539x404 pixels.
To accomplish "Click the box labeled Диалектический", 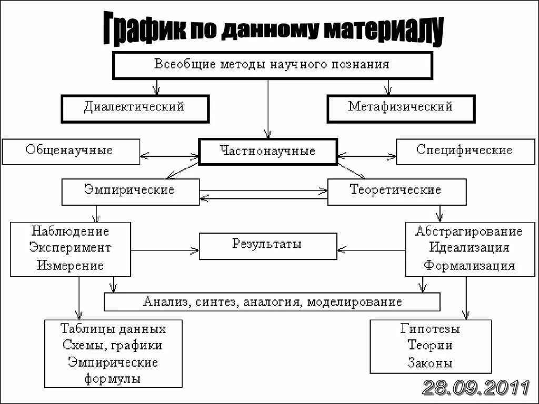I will pyautogui.click(x=135, y=108).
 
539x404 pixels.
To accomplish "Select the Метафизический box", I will pyautogui.click(x=401, y=108).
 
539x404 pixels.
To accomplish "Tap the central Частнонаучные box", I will pyautogui.click(x=267, y=151).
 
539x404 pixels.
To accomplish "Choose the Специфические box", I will pyautogui.click(x=464, y=151).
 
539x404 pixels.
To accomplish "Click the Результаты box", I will pyautogui.click(x=267, y=246).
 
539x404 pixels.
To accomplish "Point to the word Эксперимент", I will pyautogui.click(x=70, y=248).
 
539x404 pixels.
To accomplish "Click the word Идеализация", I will pyautogui.click(x=469, y=248).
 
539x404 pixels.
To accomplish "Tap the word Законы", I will pyautogui.click(x=430, y=363).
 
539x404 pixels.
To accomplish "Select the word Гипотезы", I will pyautogui.click(x=430, y=330).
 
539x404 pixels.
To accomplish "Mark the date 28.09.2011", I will pyautogui.click(x=476, y=388).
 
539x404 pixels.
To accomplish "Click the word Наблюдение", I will pyautogui.click(x=70, y=231).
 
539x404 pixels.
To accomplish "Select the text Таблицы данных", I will pyautogui.click(x=113, y=330).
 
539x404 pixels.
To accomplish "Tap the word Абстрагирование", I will pyautogui.click(x=469, y=231).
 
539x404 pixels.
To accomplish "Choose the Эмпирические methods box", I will pyautogui.click(x=130, y=190).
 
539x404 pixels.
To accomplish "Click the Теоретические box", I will pyautogui.click(x=396, y=190).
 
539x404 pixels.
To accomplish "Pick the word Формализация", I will pyautogui.click(x=469, y=265).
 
